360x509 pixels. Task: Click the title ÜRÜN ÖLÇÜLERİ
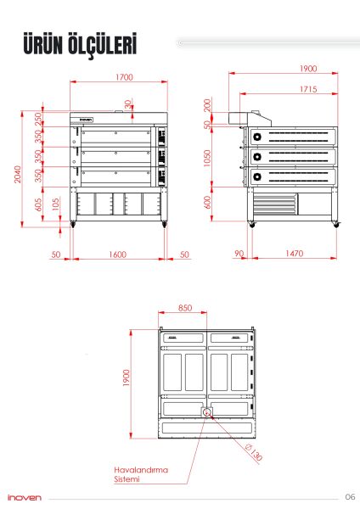(81, 45)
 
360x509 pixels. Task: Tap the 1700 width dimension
(124, 78)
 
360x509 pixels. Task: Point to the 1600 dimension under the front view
(117, 254)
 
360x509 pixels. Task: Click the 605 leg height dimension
(39, 204)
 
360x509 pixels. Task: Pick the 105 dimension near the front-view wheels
(55, 204)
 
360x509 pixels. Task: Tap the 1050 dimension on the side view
(208, 159)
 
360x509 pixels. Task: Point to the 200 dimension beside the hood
(208, 105)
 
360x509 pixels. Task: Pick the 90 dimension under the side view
(239, 254)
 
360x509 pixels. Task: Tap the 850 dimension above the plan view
(186, 308)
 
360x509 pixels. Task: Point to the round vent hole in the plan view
(206, 412)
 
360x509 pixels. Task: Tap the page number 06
(349, 497)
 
